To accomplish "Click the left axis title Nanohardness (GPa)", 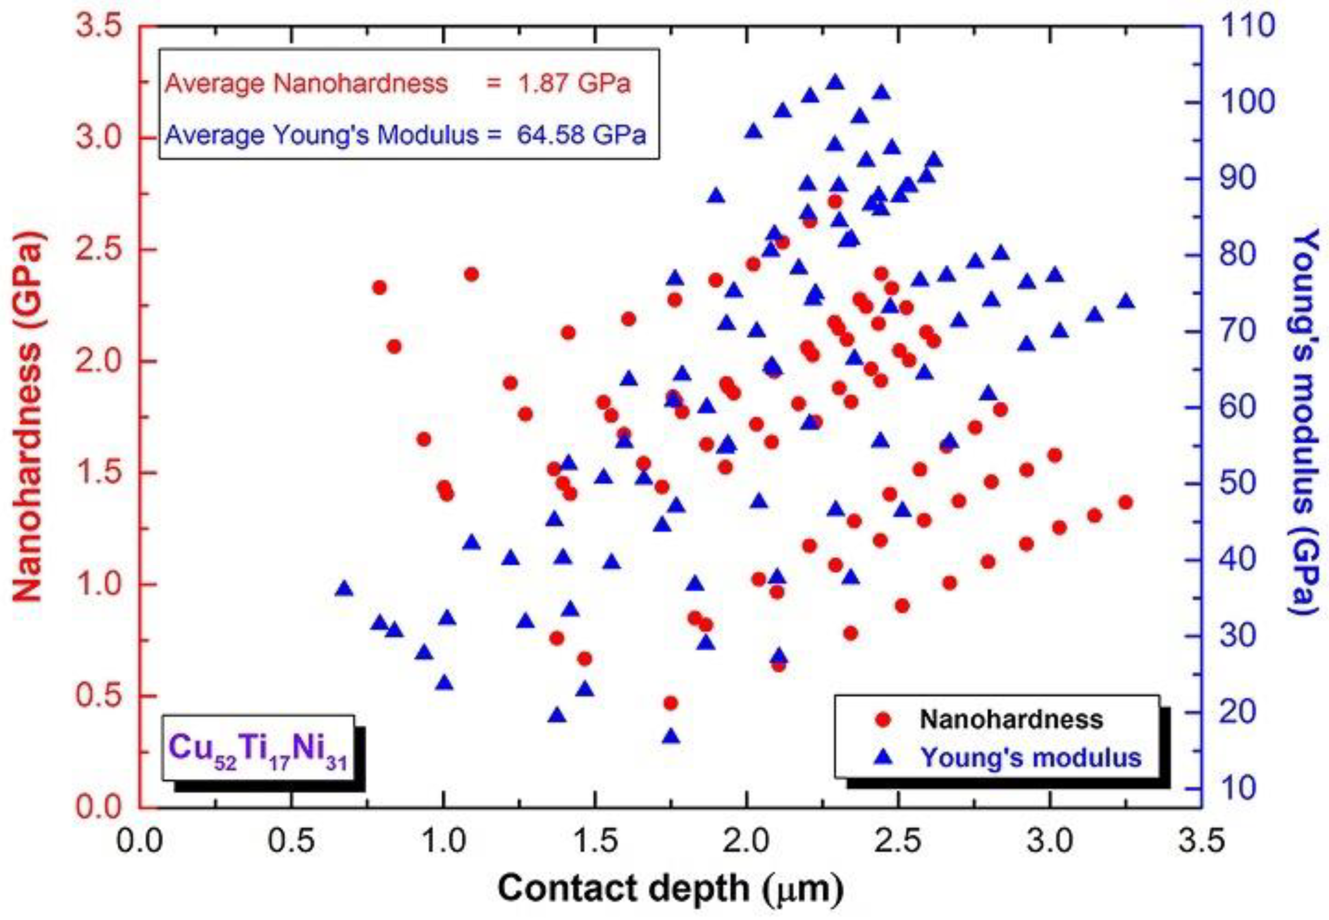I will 28,416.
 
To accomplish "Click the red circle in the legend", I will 883,719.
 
